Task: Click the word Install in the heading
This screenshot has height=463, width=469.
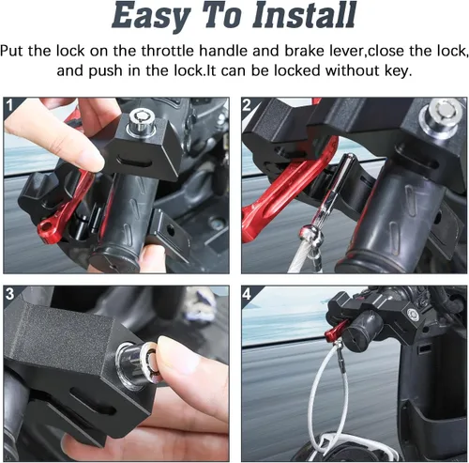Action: (x=304, y=15)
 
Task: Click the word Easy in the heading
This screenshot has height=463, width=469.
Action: (x=151, y=17)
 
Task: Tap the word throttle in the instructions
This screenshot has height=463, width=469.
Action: (x=167, y=51)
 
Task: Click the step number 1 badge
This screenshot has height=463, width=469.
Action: (x=9, y=105)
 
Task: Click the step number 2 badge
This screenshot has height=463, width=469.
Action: (x=247, y=105)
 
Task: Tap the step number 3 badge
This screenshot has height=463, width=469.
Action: (x=9, y=294)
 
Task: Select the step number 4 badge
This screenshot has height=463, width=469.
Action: (x=247, y=294)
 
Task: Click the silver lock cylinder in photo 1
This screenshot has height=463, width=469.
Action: (x=142, y=122)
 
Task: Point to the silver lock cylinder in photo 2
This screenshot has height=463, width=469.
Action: (x=441, y=116)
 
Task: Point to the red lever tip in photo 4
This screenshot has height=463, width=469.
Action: (x=330, y=334)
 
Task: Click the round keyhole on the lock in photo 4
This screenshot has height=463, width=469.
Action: (x=412, y=315)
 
